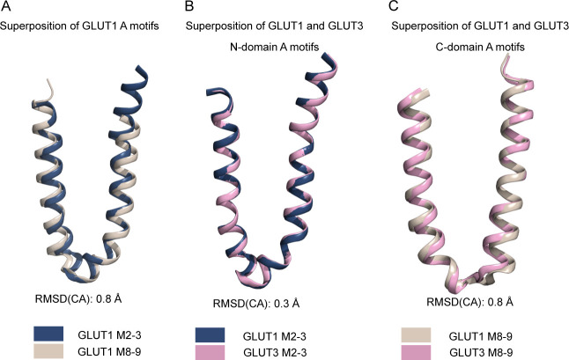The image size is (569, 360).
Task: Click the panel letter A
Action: (6, 6)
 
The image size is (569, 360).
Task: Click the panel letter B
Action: (189, 6)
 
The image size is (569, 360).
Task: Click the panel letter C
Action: (394, 6)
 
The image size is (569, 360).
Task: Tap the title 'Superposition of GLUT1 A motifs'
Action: (79, 26)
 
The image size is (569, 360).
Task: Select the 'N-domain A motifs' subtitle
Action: (274, 48)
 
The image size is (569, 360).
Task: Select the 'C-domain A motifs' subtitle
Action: (480, 48)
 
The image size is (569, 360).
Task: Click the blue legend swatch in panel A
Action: (48, 334)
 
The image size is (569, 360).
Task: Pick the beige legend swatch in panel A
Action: (48, 351)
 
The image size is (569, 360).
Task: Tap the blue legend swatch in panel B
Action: (210, 335)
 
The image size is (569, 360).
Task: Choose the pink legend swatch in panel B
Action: (210, 352)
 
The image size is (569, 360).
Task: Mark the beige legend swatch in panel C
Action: (416, 335)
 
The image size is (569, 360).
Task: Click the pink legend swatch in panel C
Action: (416, 352)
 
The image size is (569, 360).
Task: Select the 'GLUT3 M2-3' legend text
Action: (275, 352)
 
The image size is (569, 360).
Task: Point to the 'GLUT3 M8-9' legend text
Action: (481, 352)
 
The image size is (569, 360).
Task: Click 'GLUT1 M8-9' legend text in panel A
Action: (109, 351)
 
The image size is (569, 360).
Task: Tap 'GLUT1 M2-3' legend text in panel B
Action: (274, 336)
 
